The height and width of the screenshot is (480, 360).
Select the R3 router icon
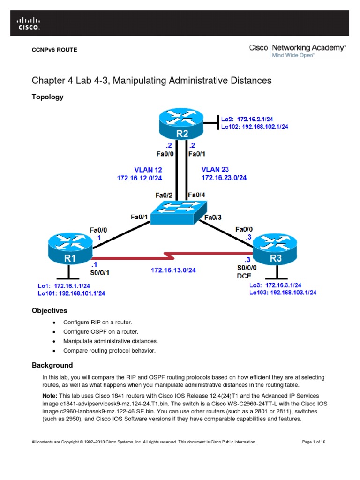276,248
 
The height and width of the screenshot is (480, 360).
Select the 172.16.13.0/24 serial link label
173,270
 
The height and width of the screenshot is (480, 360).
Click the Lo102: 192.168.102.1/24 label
254,127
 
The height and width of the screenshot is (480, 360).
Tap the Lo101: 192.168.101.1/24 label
71,293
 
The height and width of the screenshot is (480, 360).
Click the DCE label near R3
244,276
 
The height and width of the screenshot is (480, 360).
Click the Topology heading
47,97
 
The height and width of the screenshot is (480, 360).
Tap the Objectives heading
49,310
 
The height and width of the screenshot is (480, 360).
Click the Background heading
52,365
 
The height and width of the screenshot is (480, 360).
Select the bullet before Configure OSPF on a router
55,332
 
